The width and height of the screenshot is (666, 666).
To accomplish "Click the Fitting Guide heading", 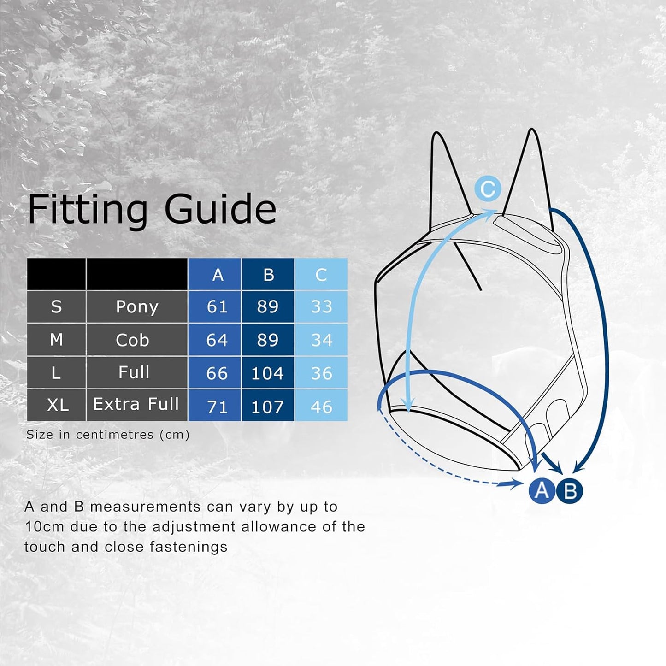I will click(152, 210).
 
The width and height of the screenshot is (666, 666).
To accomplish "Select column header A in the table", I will click(218, 275).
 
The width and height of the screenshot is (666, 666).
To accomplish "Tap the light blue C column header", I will click(321, 275).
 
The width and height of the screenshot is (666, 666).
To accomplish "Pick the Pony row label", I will click(137, 307).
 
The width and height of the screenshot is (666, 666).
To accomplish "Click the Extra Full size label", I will click(136, 404).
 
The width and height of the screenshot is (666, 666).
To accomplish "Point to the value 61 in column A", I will click(217, 307).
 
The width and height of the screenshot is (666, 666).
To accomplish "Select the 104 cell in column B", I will click(267, 373).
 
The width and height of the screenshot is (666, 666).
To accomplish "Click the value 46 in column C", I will click(321, 407).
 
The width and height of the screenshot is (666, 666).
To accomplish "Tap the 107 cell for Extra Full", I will click(267, 407).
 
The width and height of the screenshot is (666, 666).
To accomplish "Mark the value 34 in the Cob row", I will click(321, 340).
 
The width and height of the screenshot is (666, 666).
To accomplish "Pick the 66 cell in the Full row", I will click(217, 373).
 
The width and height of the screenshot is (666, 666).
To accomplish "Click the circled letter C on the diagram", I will click(488, 189).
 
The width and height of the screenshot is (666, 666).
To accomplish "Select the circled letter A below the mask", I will click(542, 490).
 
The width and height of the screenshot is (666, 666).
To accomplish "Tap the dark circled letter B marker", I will click(570, 491).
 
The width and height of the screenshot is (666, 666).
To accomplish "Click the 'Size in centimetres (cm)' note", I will click(108, 435).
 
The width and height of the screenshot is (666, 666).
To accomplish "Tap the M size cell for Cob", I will click(56, 340).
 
